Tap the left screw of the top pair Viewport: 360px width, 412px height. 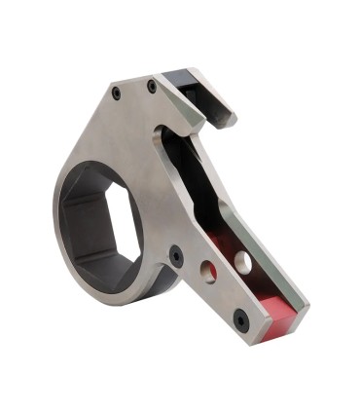coord(117,94)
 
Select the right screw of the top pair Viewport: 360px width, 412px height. coord(151,87)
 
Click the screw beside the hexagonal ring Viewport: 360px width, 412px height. coord(176,255)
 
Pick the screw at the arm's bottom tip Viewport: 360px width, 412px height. coord(240,319)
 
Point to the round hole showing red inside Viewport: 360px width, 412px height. coord(208,272)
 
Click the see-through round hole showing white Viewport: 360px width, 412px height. coord(242,262)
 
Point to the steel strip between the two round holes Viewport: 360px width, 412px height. coord(225,268)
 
